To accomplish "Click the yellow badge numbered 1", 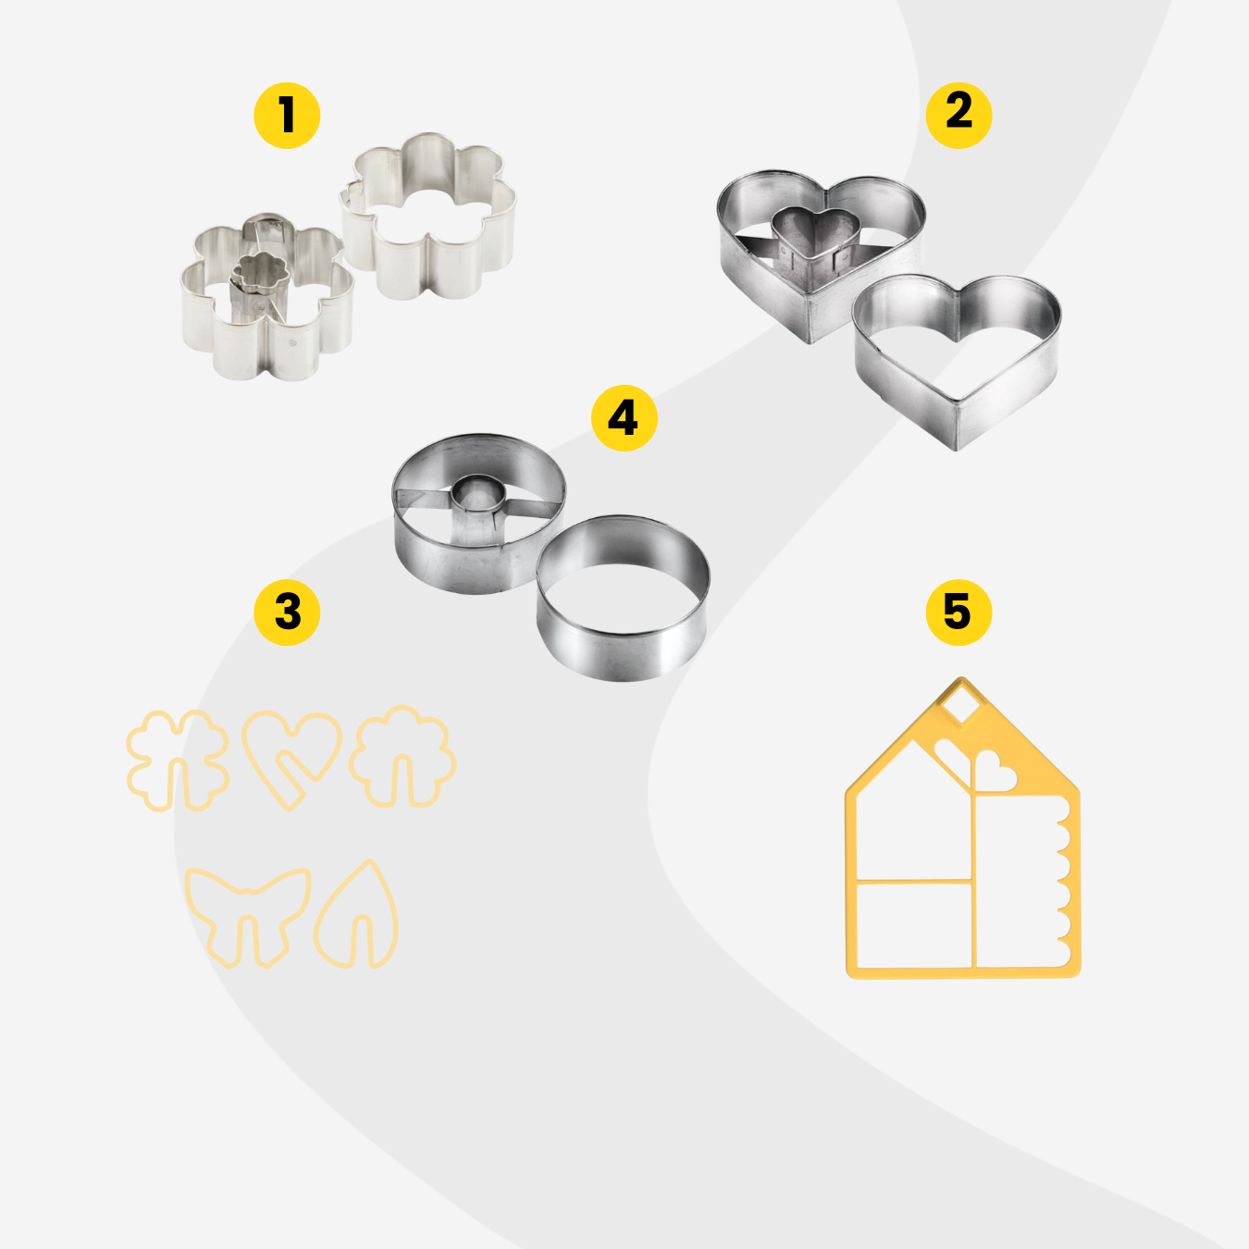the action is click(x=287, y=116).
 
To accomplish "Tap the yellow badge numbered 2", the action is click(x=958, y=116).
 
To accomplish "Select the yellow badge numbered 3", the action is click(x=287, y=612).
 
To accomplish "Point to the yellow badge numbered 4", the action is click(x=624, y=418).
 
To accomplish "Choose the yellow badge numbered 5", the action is click(x=958, y=612).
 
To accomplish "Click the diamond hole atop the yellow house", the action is click(x=962, y=707).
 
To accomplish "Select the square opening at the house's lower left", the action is click(x=914, y=925).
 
